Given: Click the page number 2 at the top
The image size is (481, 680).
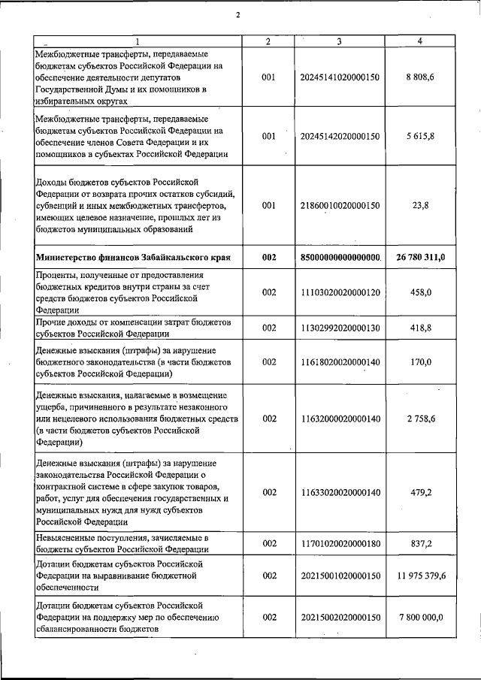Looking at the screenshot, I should pos(237,15).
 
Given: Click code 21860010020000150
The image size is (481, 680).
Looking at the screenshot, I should pos(340,205).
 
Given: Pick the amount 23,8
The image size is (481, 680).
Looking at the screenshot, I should pos(421,205).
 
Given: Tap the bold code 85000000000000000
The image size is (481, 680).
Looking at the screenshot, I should pos(340,257).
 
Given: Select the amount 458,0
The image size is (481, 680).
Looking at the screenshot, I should pos(421,292).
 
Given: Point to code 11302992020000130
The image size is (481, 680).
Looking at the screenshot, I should pos(340,328).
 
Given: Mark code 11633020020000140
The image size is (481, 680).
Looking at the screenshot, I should pos(340,492).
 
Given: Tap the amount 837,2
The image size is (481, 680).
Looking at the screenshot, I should pos(421,543).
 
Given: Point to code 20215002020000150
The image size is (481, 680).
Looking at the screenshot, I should pos(340,617).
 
